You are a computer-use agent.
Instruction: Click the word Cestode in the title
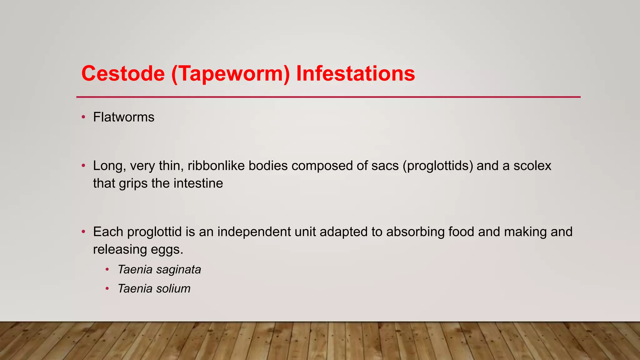point(123,74)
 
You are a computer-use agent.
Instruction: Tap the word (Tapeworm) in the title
point(230,74)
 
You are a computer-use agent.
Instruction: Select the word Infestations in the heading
point(355,74)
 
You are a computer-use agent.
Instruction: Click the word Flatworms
point(123,117)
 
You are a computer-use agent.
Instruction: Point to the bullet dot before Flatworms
point(83,117)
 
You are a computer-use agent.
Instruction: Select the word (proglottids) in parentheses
point(438,166)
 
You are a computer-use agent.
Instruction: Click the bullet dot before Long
point(83,166)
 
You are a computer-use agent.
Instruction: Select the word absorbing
point(415,232)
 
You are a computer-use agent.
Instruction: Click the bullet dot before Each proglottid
point(83,232)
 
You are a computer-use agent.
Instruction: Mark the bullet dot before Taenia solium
point(107,288)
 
